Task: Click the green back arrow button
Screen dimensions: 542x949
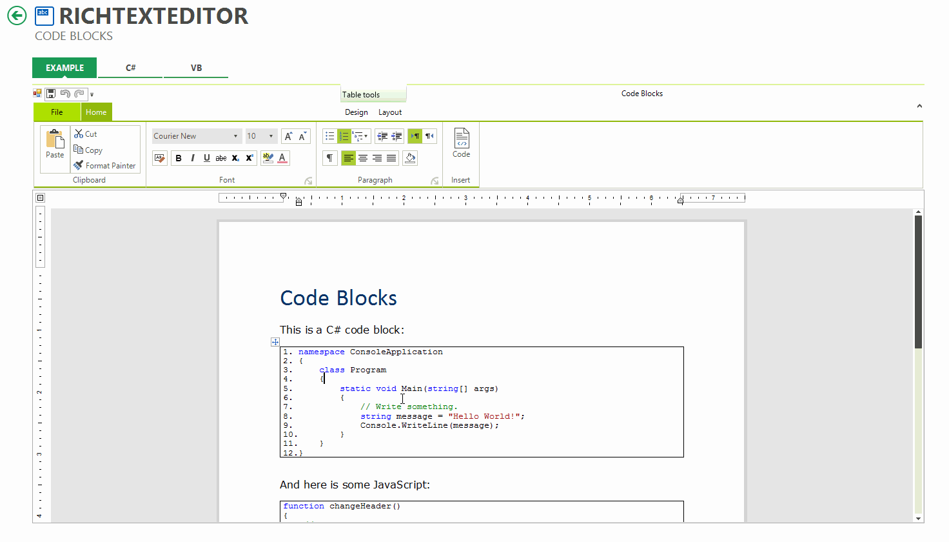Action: (17, 15)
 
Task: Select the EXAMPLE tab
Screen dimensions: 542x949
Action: (64, 68)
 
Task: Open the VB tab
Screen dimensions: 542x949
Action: (196, 68)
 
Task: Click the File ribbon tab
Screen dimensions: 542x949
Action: (57, 112)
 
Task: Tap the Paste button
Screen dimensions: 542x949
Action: (55, 144)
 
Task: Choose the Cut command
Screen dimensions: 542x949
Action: (86, 134)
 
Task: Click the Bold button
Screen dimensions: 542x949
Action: (179, 158)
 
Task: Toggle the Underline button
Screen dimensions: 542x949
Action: (206, 158)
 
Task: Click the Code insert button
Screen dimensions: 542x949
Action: (462, 143)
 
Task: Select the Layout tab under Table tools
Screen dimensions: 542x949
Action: (390, 112)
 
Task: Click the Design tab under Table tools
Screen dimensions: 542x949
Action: (357, 112)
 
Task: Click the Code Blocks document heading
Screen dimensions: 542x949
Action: (338, 298)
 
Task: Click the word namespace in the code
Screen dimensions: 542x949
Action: (321, 352)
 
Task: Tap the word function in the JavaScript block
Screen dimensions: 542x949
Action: (304, 507)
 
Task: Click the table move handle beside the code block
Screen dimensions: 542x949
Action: (275, 342)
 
